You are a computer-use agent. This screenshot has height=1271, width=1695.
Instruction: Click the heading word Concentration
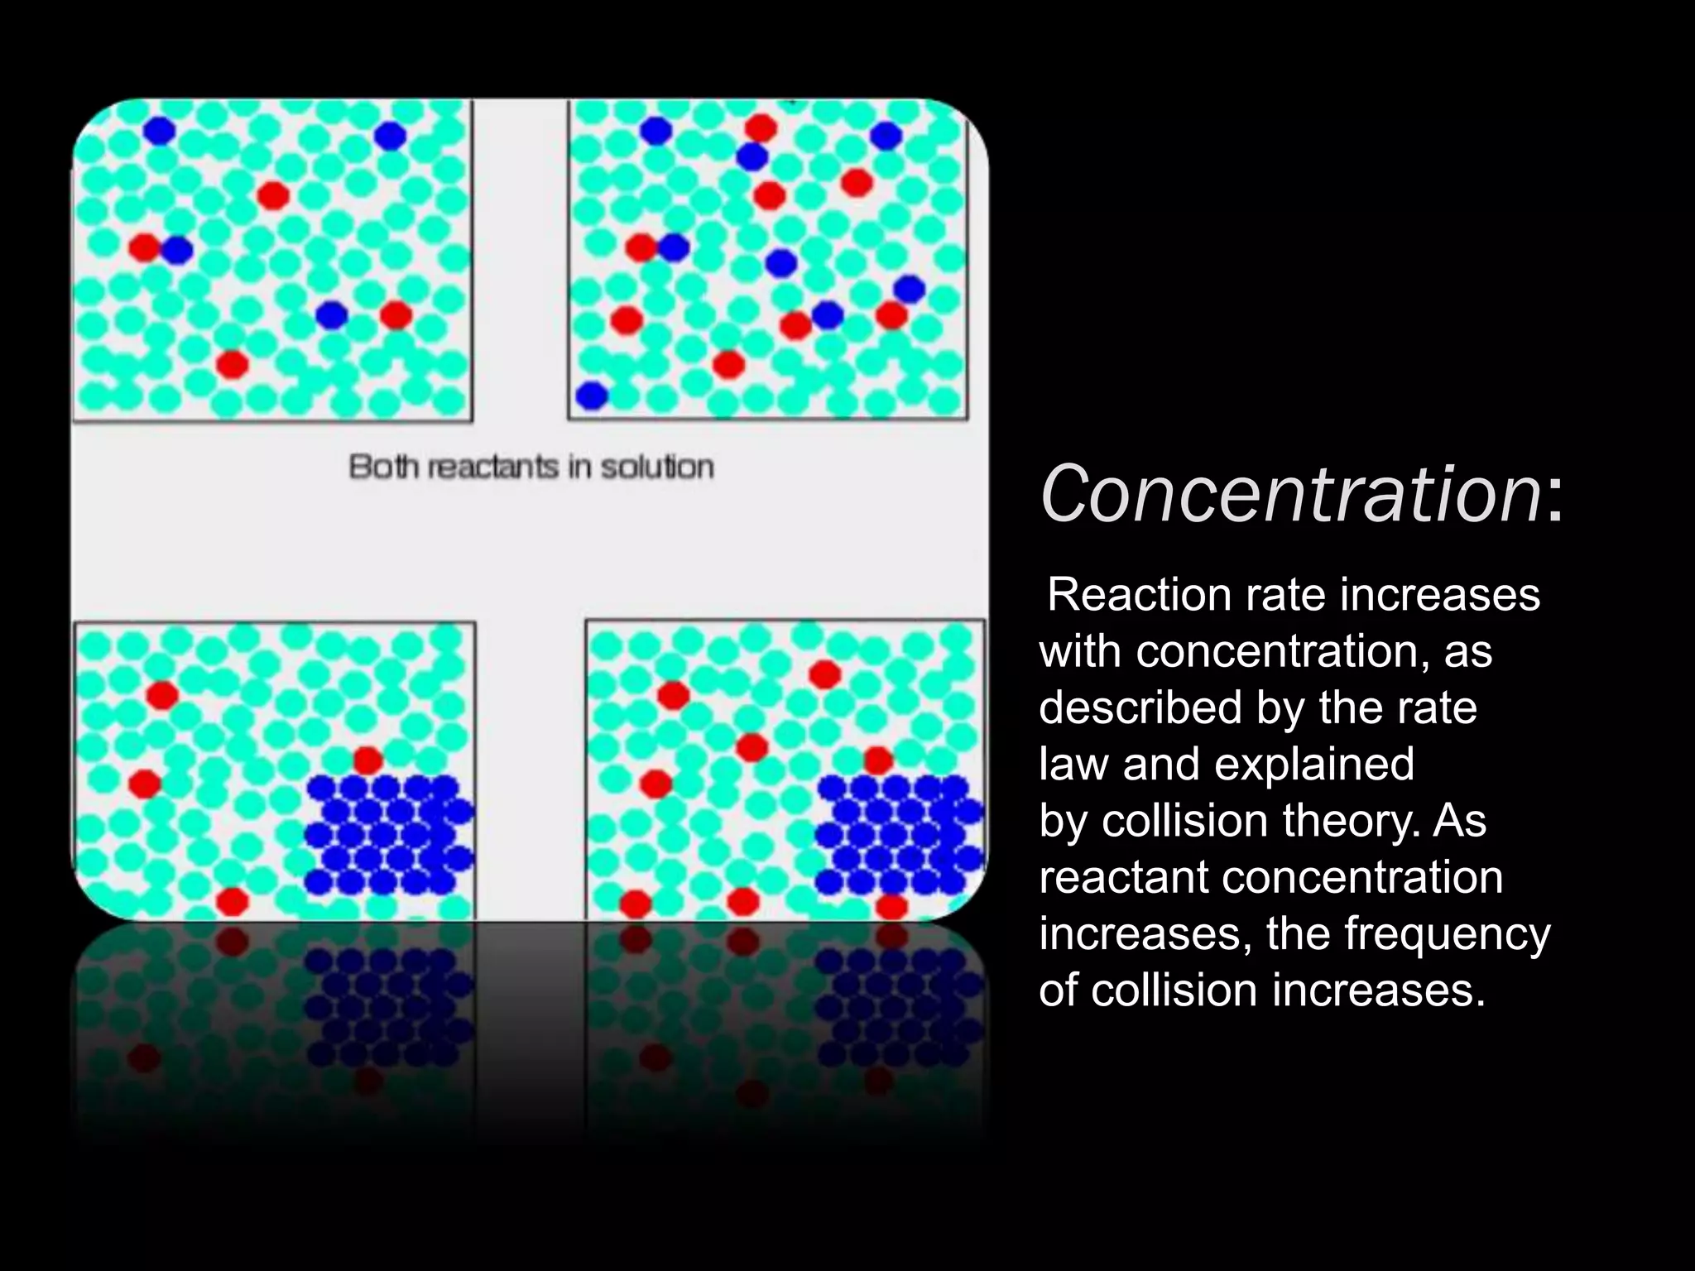1291,495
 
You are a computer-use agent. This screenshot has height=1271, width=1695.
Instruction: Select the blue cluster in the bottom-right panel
899,834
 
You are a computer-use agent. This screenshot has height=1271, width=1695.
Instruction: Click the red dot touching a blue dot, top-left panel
145,247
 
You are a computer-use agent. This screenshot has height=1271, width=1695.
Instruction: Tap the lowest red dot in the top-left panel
232,363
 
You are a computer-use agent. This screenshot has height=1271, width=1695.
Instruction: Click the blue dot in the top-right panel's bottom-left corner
592,396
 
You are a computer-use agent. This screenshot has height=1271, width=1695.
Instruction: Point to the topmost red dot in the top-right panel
761,127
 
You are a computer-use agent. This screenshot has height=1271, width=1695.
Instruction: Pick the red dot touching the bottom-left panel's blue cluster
367,760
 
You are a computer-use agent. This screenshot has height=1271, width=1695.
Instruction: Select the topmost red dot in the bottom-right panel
824,674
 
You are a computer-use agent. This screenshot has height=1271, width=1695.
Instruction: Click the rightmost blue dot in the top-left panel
389,135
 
